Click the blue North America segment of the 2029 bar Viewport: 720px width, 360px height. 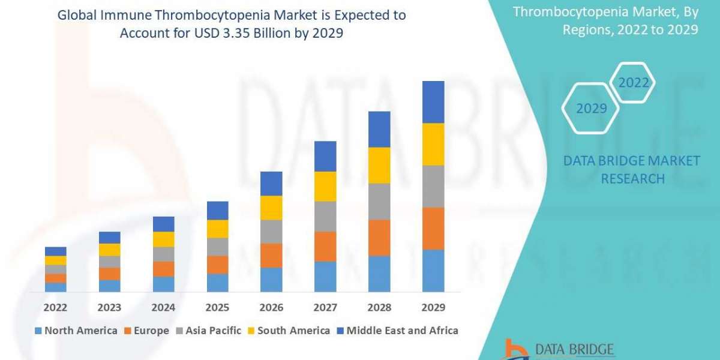click(x=433, y=271)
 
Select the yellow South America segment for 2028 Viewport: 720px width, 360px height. click(x=379, y=165)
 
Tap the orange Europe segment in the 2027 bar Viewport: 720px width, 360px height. click(x=325, y=246)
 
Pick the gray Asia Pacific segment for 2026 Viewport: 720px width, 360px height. click(x=271, y=231)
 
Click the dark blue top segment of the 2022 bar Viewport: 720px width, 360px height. click(x=56, y=251)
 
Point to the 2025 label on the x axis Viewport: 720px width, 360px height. click(x=217, y=307)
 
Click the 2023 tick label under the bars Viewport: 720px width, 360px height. click(x=109, y=307)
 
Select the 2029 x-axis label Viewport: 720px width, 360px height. click(x=433, y=307)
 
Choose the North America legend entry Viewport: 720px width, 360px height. click(x=76, y=331)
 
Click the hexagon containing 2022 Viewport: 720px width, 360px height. click(x=634, y=83)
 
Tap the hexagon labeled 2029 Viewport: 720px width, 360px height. click(x=591, y=109)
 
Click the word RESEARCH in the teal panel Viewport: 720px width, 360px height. click(x=632, y=178)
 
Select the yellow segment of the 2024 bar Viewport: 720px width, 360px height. click(x=164, y=239)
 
